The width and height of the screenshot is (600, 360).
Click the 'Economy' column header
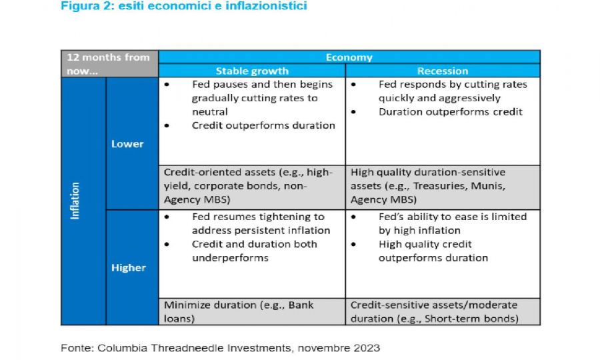tap(349, 57)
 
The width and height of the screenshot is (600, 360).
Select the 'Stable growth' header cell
tap(252, 71)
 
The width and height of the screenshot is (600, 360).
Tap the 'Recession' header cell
tap(443, 71)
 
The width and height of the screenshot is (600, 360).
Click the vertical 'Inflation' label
tap(75, 201)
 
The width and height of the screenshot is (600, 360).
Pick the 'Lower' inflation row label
tap(127, 144)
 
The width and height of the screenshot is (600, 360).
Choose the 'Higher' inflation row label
tap(129, 267)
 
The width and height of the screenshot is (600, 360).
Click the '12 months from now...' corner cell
tap(109, 64)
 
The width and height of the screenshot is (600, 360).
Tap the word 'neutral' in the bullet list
tap(210, 112)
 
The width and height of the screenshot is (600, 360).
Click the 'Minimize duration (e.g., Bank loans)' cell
tap(252, 312)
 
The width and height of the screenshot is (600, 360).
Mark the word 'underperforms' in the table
tap(230, 258)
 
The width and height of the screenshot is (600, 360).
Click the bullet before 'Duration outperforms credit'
tap(353, 112)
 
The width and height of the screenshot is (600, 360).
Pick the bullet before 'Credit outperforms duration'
tap(167, 126)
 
